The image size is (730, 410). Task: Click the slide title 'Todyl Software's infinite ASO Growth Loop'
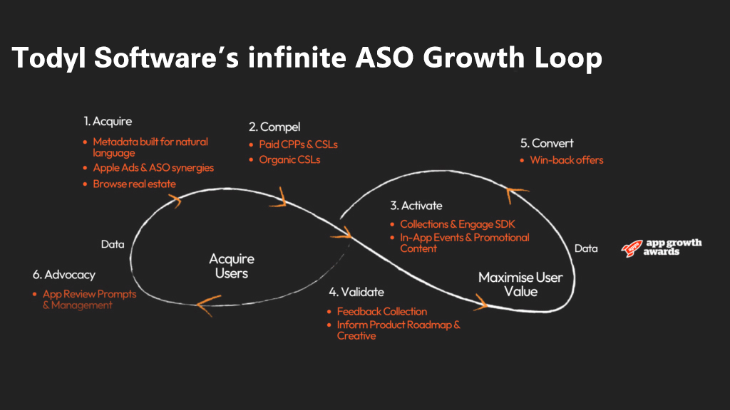tap(307, 58)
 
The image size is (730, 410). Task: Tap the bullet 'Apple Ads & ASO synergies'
tap(153, 168)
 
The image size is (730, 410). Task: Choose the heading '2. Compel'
tap(274, 127)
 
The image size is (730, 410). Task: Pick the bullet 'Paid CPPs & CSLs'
tap(298, 144)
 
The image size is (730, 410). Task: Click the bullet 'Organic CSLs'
tap(289, 159)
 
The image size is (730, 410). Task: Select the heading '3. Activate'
tap(416, 206)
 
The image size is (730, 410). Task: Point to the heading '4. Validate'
tap(356, 292)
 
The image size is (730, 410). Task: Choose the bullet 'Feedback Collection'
tap(382, 311)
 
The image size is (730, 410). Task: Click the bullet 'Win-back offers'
tap(566, 160)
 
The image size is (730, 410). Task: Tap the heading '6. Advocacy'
tap(63, 274)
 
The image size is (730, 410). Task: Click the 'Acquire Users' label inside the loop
tap(231, 266)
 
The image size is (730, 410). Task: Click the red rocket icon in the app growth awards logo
tap(631, 247)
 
